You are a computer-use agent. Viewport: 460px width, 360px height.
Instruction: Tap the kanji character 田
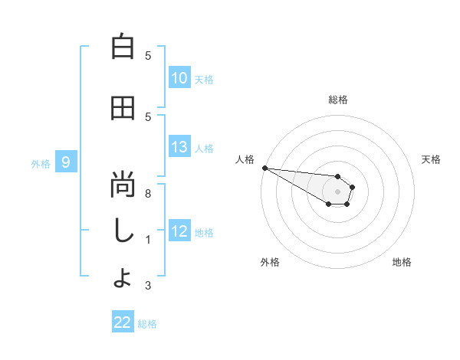123,108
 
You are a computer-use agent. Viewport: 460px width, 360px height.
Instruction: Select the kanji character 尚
123,185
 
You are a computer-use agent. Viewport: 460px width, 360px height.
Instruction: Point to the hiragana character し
123,231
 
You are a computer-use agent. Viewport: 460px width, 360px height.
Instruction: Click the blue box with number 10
179,78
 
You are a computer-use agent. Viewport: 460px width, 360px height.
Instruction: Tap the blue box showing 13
179,147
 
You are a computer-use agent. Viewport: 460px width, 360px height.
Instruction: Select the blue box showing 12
179,231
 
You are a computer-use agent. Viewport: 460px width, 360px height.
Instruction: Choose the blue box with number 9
66,162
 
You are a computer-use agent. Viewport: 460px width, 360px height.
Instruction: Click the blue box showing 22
123,322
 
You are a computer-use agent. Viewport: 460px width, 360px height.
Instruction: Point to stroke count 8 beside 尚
148,194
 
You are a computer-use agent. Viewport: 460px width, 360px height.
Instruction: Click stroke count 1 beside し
148,240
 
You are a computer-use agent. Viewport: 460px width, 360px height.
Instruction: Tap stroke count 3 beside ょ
148,286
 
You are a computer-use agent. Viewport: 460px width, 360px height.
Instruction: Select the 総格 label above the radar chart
337,100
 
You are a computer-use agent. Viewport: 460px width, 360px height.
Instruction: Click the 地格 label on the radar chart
402,262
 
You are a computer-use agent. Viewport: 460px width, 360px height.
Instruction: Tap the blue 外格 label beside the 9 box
41,163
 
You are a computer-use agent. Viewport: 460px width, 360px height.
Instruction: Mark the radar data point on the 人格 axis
264,168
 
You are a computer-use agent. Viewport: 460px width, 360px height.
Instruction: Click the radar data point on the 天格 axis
353,186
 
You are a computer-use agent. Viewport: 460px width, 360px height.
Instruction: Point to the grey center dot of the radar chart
337,191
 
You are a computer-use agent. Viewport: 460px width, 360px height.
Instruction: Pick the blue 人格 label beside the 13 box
204,148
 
